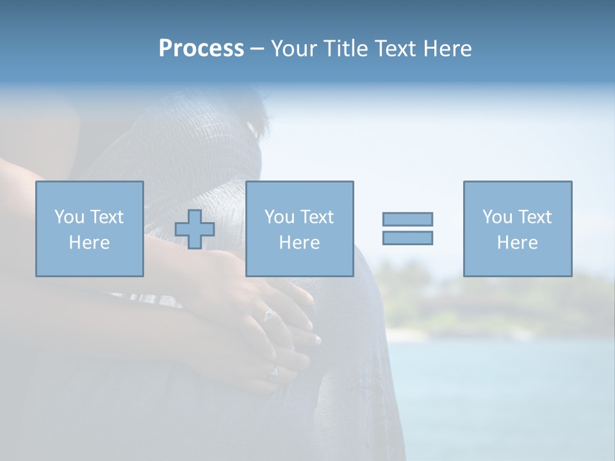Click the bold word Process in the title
pyautogui.click(x=201, y=49)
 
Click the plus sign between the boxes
pyautogui.click(x=195, y=229)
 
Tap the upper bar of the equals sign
pyautogui.click(x=407, y=219)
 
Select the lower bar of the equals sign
pyautogui.click(x=407, y=238)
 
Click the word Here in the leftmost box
pyautogui.click(x=90, y=243)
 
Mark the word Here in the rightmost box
pyautogui.click(x=518, y=243)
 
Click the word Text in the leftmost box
pyautogui.click(x=106, y=217)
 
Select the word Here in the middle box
pyautogui.click(x=300, y=243)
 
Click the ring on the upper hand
pyautogui.click(x=270, y=314)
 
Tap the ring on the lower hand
pyautogui.click(x=274, y=372)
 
